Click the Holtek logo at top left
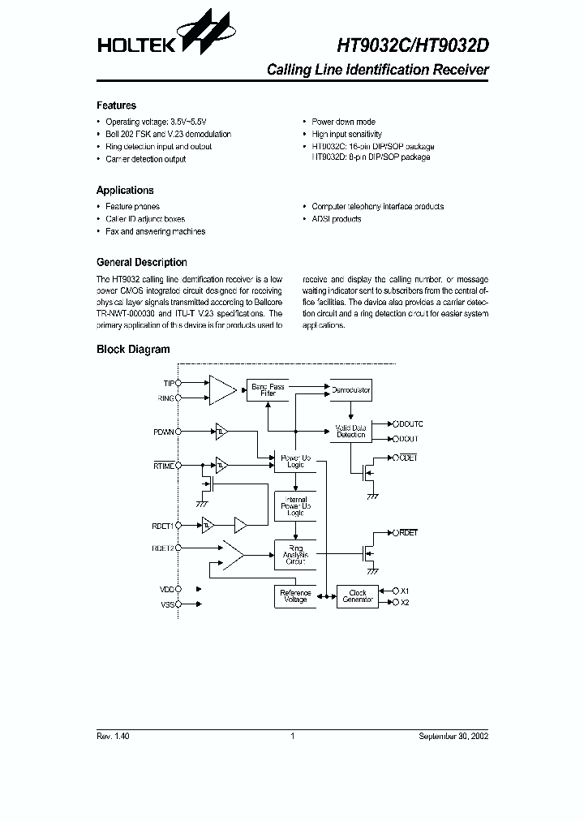[162, 37]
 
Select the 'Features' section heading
[116, 105]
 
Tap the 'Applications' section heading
[125, 191]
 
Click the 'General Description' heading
[141, 263]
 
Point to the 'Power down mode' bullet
[343, 122]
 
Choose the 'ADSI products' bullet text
[337, 219]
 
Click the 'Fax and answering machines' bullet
[155, 232]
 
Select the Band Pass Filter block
[267, 390]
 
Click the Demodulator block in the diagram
[350, 390]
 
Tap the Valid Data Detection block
[350, 431]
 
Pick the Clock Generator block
[357, 596]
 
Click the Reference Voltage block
[295, 596]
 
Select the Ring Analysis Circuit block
[295, 556]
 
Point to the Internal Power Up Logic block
[295, 507]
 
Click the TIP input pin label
[169, 382]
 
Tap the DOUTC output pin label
[410, 424]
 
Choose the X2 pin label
[406, 603]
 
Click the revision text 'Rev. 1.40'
[113, 736]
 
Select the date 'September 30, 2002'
[453, 736]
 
